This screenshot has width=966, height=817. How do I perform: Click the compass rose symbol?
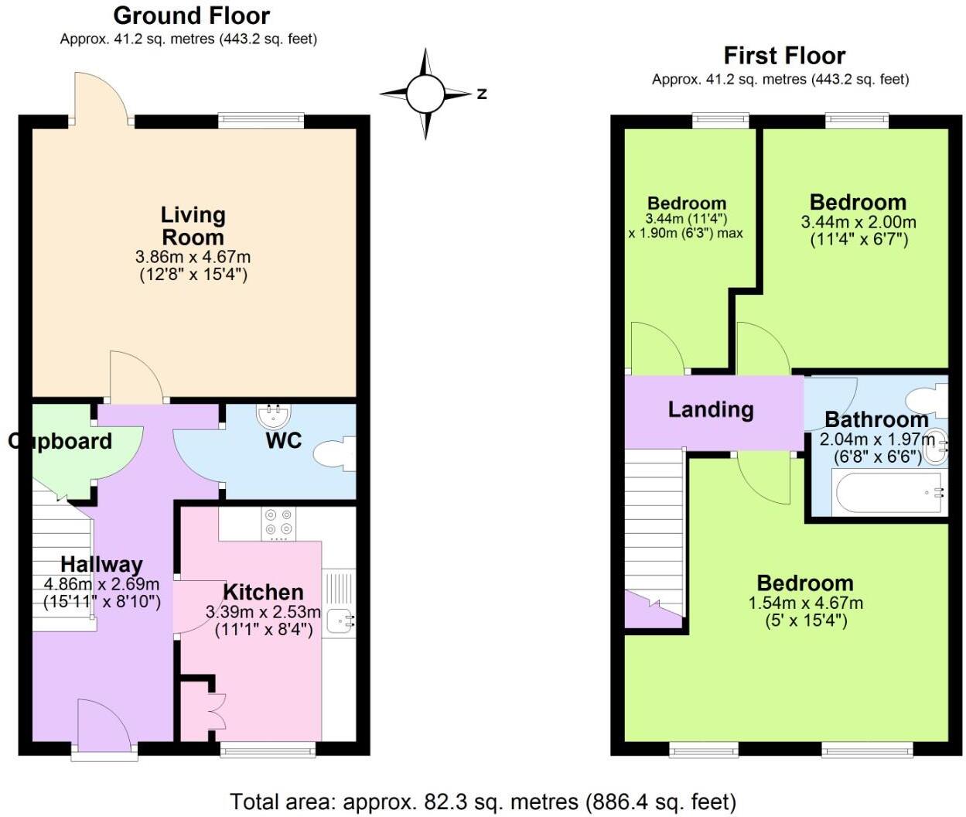point(425,94)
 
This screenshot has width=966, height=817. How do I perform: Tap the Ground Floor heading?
point(191,15)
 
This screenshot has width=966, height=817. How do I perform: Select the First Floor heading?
point(783,56)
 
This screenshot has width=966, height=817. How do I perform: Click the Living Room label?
point(193,226)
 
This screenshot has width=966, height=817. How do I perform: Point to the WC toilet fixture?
point(336,453)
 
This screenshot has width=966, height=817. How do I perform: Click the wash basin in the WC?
point(273,417)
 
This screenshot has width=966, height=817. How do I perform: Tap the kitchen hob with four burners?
point(278,522)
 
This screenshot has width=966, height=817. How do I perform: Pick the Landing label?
point(710,409)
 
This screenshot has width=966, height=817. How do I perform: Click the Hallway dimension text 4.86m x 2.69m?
point(102,584)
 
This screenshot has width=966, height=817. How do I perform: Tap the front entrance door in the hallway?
point(104,726)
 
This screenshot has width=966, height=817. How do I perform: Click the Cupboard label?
point(60,441)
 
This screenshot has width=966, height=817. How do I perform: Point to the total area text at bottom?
point(483,802)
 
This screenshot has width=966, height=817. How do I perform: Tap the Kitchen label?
point(263,593)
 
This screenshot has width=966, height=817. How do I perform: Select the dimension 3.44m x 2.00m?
point(858,222)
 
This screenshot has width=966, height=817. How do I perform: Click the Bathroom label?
point(876,420)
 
